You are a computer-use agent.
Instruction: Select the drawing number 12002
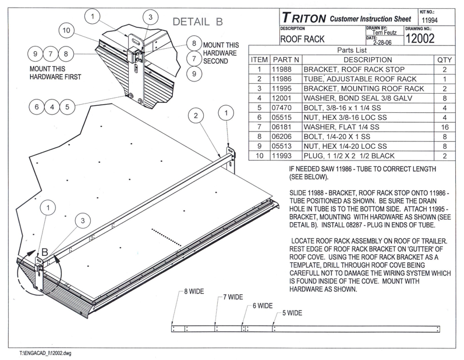pos(422,38)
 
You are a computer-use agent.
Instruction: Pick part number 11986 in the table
pos(285,79)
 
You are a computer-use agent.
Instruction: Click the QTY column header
pos(444,59)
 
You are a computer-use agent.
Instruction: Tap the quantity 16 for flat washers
pos(444,126)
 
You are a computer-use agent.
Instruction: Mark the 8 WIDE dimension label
pos(193,291)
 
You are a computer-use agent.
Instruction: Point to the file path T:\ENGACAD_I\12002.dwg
pos(44,352)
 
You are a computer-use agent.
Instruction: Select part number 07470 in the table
pos(285,107)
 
